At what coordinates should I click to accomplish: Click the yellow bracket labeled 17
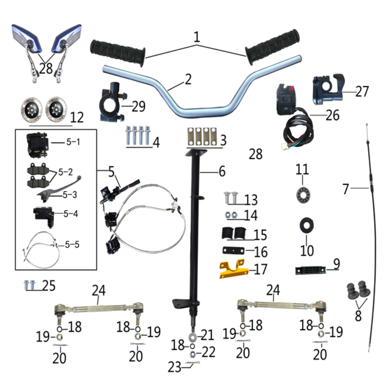click(234, 270)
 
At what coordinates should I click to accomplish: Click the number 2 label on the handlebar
click(188, 79)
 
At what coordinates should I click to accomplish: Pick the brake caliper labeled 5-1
click(37, 145)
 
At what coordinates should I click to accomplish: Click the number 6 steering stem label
click(222, 171)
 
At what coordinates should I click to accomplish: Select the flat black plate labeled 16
click(232, 252)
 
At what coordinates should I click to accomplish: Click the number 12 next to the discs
click(77, 117)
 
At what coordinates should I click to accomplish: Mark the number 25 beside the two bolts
click(49, 286)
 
